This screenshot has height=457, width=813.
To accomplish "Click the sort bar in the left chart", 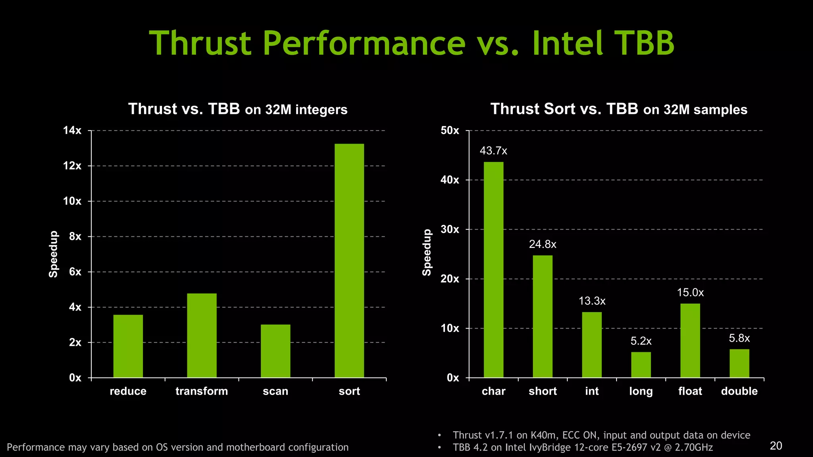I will tap(349, 261).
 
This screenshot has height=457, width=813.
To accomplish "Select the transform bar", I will tap(202, 336).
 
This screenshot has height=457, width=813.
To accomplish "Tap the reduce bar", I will tap(128, 346).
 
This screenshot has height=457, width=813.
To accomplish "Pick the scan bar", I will tap(275, 351).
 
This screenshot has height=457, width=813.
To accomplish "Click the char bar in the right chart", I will tap(493, 270).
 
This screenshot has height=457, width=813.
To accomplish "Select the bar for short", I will tap(542, 317).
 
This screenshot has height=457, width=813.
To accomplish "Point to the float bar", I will tap(690, 340).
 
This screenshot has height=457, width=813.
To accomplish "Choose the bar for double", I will tap(739, 363).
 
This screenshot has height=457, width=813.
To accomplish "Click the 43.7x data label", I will tap(493, 151).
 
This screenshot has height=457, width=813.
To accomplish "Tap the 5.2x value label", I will tap(641, 341).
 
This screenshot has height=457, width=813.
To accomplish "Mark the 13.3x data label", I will tap(592, 301).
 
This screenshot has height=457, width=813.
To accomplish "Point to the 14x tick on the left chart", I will tap(72, 131).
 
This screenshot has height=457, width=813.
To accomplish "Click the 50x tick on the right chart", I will tap(450, 131).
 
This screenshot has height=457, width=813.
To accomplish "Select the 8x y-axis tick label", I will tap(75, 237).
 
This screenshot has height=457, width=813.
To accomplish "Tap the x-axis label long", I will tap(641, 392).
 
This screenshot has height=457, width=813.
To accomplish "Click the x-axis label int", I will tap(591, 391).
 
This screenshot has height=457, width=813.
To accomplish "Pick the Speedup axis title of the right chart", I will tap(427, 253).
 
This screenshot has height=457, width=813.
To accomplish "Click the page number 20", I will tap(776, 446).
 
